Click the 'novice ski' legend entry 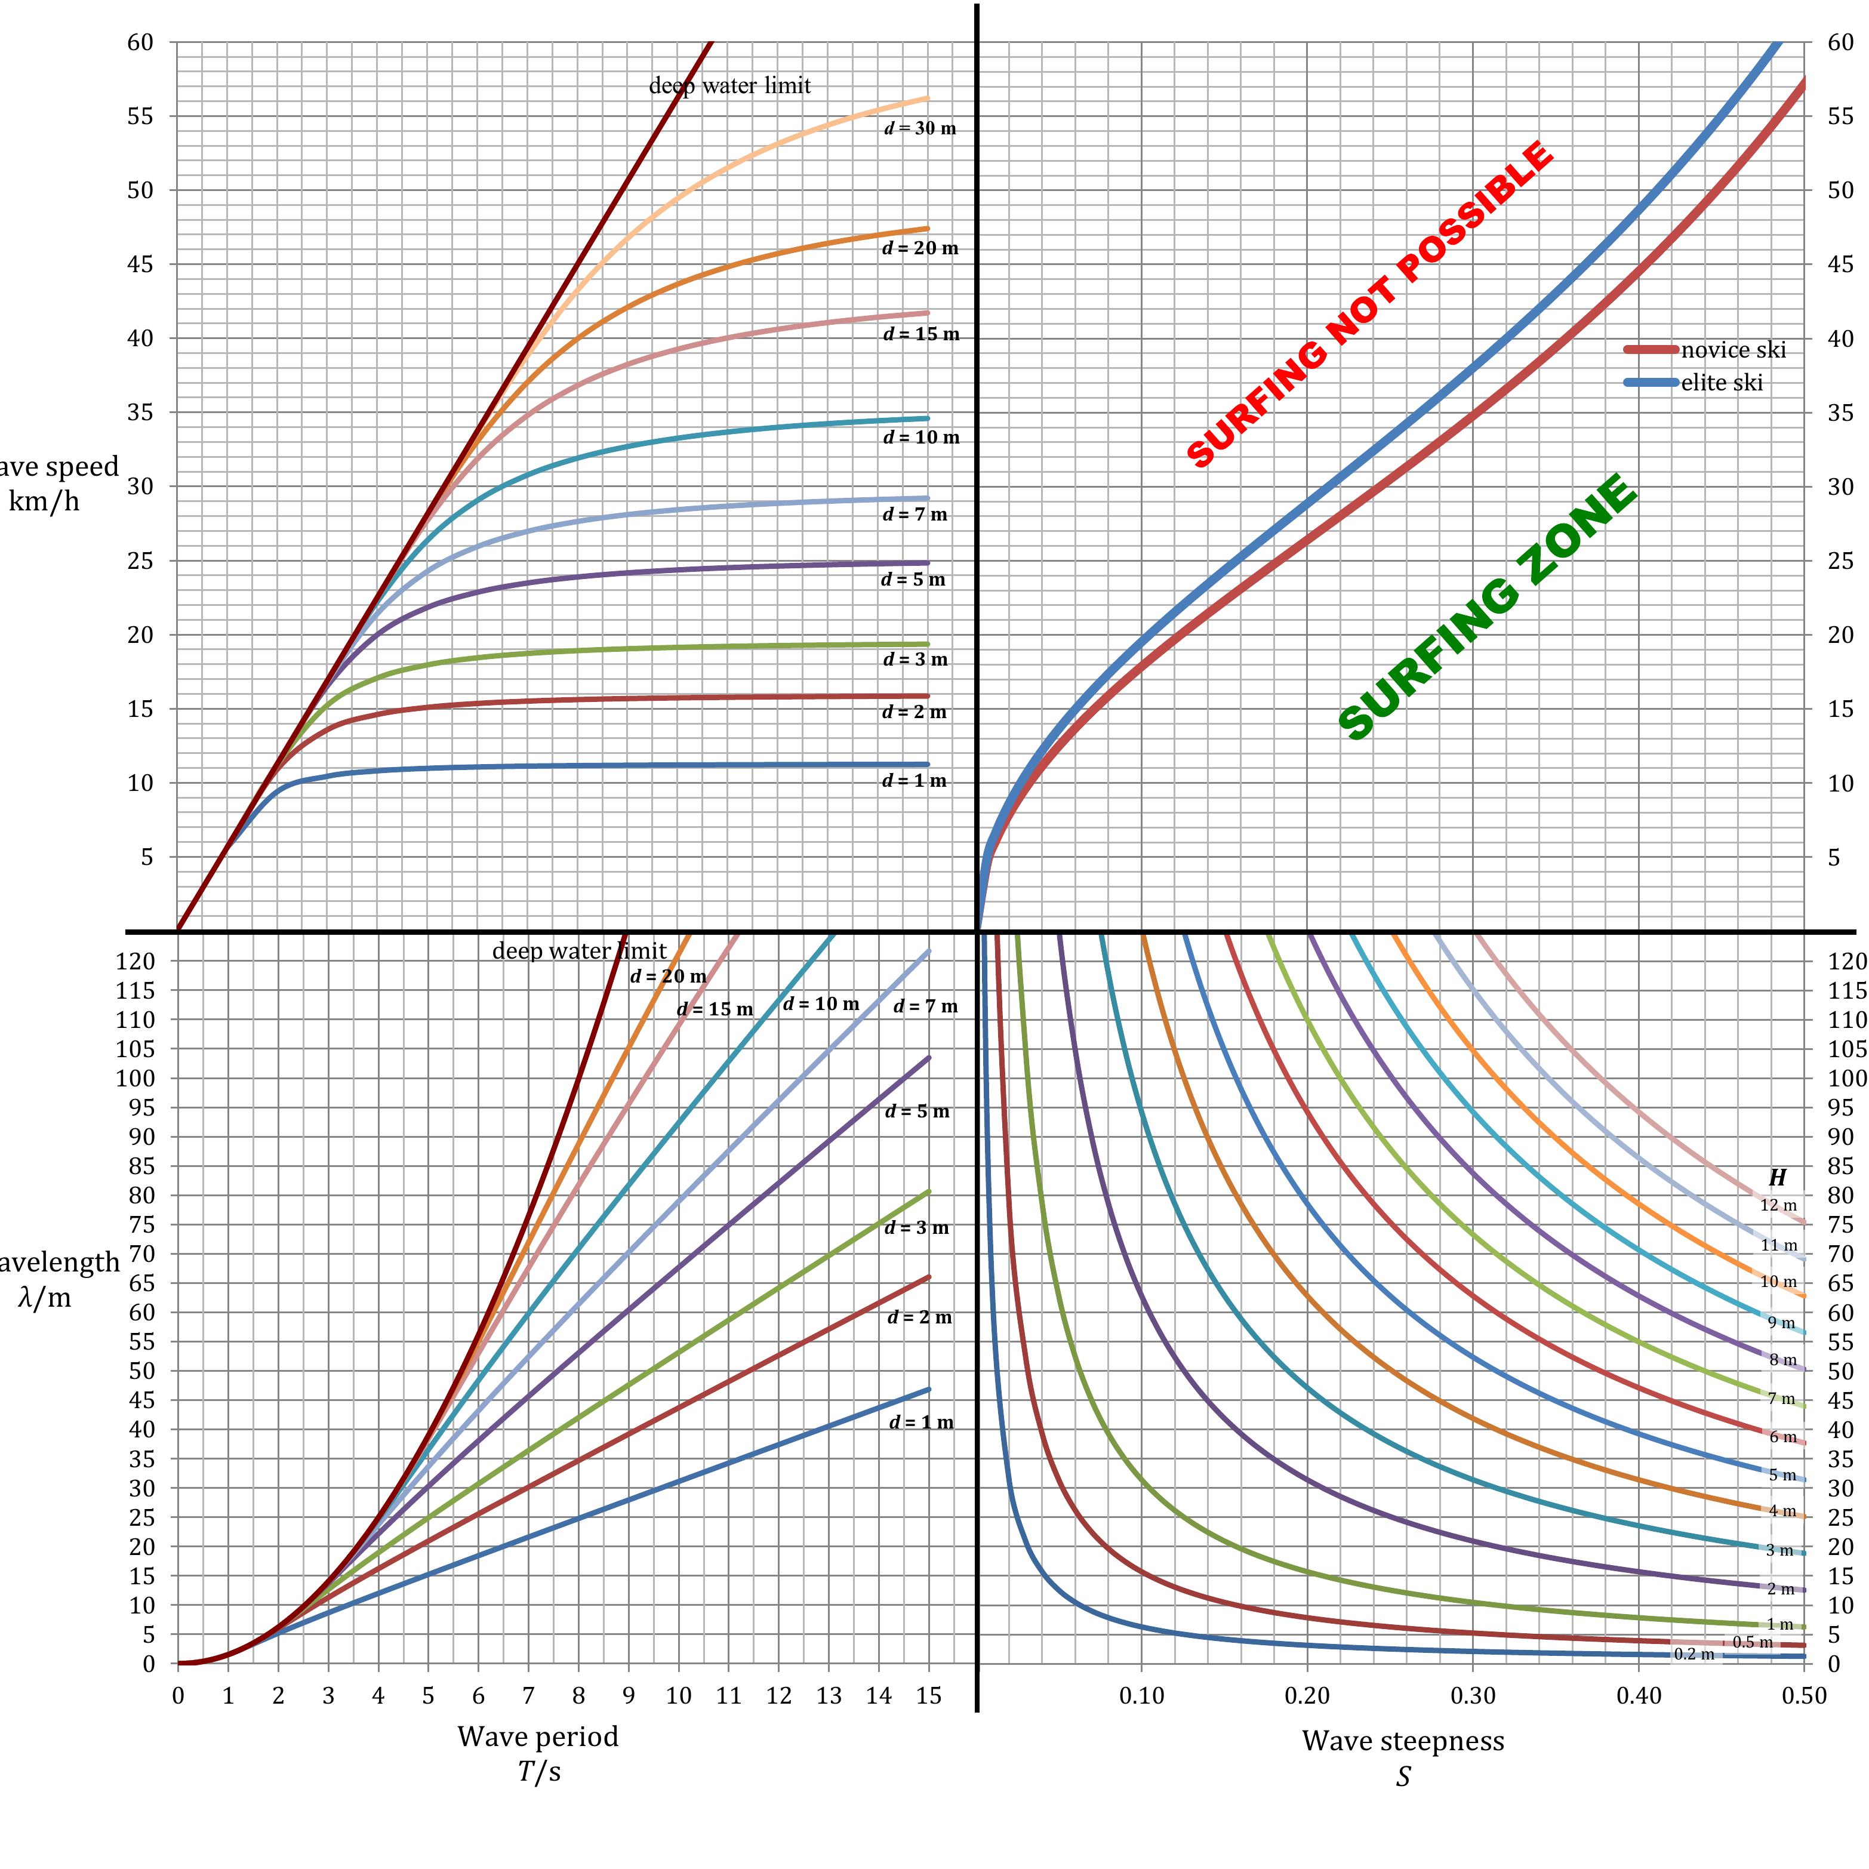point(1732,350)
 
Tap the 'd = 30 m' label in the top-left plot point(920,129)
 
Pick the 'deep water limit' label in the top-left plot point(729,86)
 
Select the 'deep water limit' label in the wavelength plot point(578,951)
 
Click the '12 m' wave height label point(1778,1205)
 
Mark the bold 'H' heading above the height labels point(1777,1177)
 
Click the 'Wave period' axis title point(538,1736)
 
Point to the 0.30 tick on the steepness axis point(1473,1696)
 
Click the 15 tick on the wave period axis point(929,1696)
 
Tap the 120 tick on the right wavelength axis point(1846,960)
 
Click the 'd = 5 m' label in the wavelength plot point(917,1111)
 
